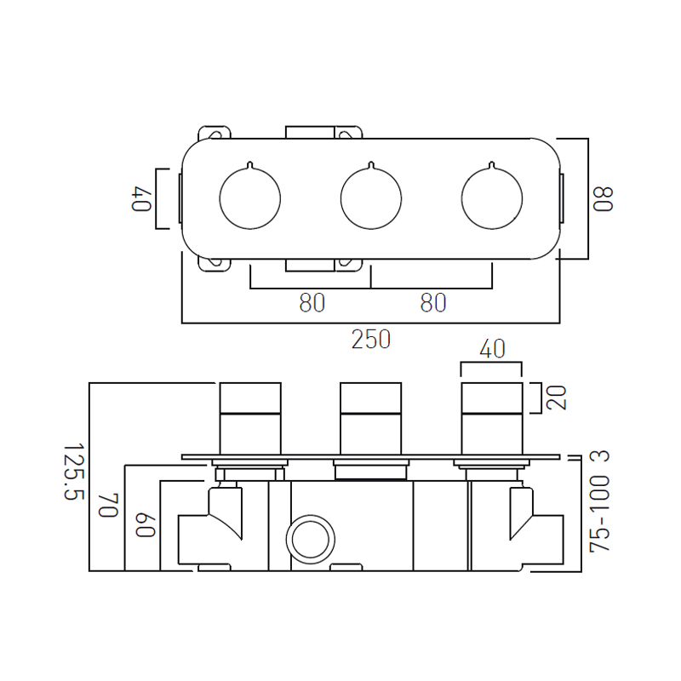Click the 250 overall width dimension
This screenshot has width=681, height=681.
coord(371,339)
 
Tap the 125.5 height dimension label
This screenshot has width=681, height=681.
coord(73,472)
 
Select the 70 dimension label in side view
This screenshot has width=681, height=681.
coord(109,506)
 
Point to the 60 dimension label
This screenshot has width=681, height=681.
coord(145,525)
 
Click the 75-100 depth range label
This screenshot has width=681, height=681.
coord(600,514)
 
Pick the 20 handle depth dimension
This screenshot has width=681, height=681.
coord(557,398)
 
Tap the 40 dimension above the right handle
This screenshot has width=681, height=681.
coord(492,349)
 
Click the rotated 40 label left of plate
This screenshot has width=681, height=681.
coord(141,199)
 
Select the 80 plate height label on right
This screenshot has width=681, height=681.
coord(604,199)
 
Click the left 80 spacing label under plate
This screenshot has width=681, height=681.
coord(312,303)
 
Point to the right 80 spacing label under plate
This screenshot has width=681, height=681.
coord(433,303)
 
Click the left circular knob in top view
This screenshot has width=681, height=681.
coord(250,199)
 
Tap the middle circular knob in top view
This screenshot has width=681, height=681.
coord(371,199)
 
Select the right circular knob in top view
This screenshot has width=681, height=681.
coord(492,199)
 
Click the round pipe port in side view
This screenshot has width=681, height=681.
coord(311,540)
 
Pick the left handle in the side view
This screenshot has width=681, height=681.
coord(250,419)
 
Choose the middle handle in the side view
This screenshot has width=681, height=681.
coord(371,419)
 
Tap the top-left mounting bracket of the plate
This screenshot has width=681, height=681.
coord(215,133)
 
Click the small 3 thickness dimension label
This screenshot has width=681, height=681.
coord(600,456)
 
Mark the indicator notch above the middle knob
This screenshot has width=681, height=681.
coord(371,165)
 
